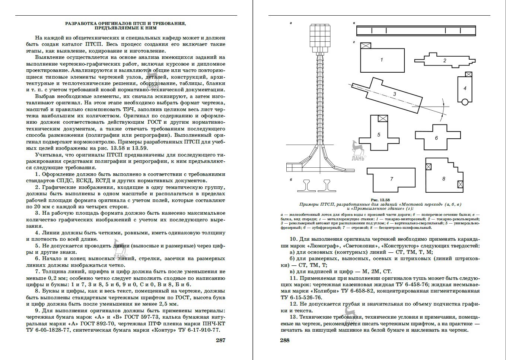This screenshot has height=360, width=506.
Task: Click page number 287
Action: click(221, 340)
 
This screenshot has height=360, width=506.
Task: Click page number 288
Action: click(284, 340)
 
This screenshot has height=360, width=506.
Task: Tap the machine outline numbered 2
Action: click(445, 60)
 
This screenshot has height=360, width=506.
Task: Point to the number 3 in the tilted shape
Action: click(395, 94)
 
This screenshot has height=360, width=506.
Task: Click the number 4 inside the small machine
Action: click(465, 88)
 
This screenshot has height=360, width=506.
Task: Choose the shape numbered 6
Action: click(436, 138)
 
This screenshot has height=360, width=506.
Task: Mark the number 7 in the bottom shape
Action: click(391, 179)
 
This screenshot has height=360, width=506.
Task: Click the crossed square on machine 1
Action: click(366, 45)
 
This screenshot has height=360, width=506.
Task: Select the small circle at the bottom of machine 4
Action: click(464, 102)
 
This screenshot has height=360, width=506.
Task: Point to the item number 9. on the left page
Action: click(38, 310)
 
